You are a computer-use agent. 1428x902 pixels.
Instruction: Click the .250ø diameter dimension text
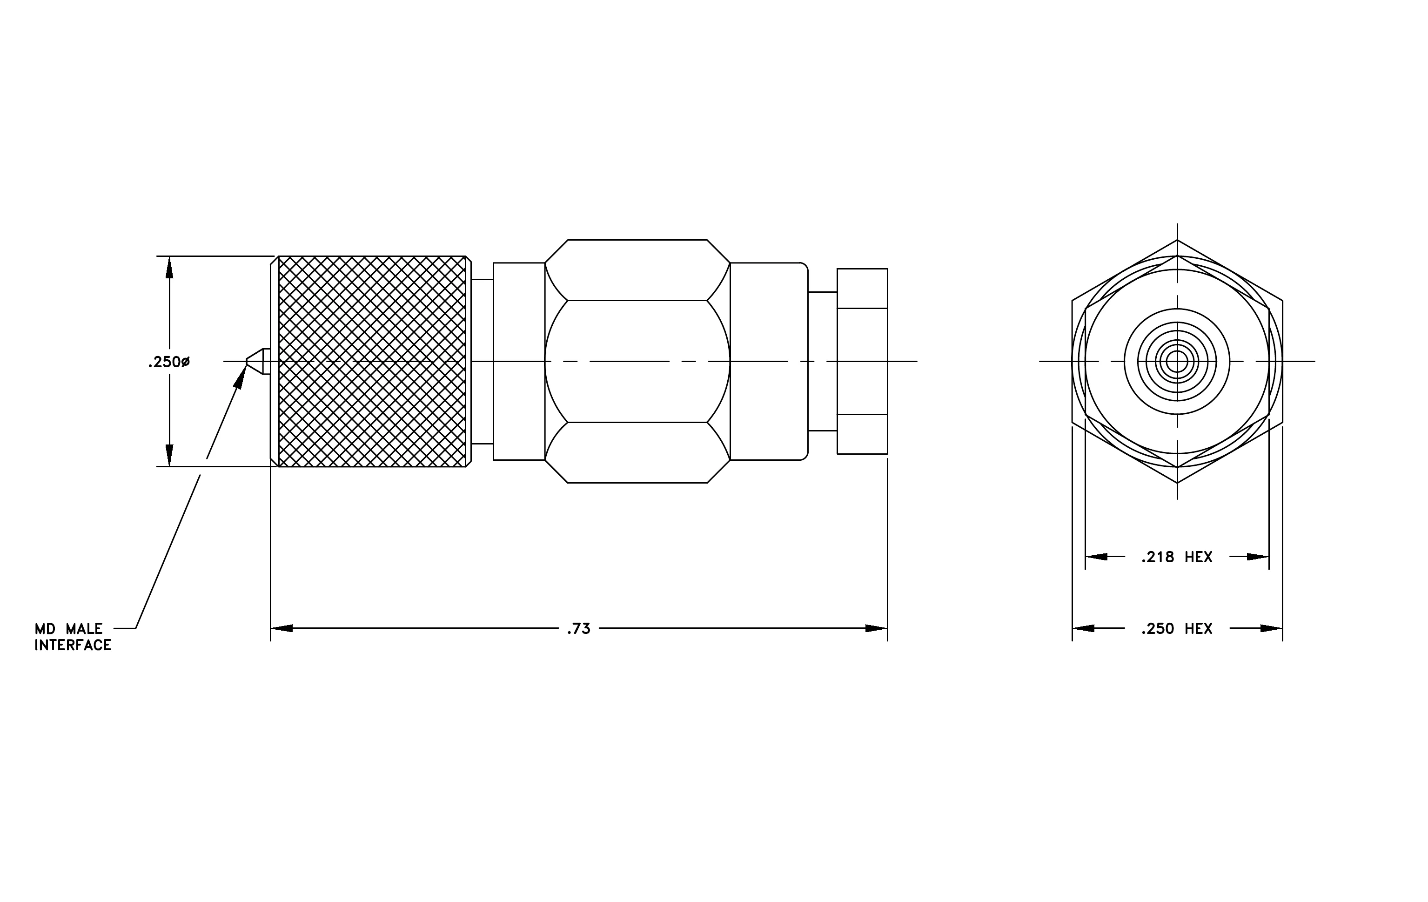coord(169,362)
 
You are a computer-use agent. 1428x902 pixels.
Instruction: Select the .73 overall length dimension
coord(578,629)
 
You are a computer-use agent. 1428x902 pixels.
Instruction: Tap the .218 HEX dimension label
coord(1177,557)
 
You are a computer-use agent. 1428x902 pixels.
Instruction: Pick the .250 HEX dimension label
coord(1177,629)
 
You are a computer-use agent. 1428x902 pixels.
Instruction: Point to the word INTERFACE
coord(73,645)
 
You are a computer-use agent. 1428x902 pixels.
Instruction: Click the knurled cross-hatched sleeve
coord(372,361)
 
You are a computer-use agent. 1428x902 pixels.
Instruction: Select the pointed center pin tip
coord(247,361)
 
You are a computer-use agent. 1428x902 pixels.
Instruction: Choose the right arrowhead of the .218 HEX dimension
coord(1258,557)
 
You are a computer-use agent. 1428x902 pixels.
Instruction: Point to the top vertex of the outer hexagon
coord(1177,240)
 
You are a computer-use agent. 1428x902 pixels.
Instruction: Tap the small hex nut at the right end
coord(862,361)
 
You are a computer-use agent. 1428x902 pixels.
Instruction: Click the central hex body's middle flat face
coord(637,361)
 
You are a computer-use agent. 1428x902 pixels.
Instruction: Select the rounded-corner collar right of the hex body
coord(769,361)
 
